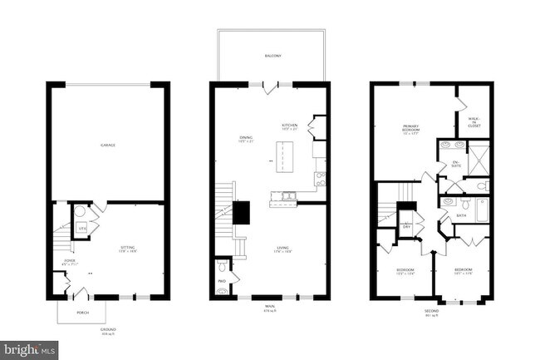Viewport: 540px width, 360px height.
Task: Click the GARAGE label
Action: point(108,145)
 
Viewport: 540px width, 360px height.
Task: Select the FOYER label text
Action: point(59,264)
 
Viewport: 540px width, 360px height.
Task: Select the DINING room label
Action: point(246,140)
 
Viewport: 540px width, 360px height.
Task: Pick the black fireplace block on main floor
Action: point(243,213)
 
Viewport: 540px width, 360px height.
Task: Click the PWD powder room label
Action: point(222,282)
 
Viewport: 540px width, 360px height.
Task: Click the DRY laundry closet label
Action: point(407,225)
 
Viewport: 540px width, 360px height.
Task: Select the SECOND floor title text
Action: point(430,313)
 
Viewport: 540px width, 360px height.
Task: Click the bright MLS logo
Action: point(29,348)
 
